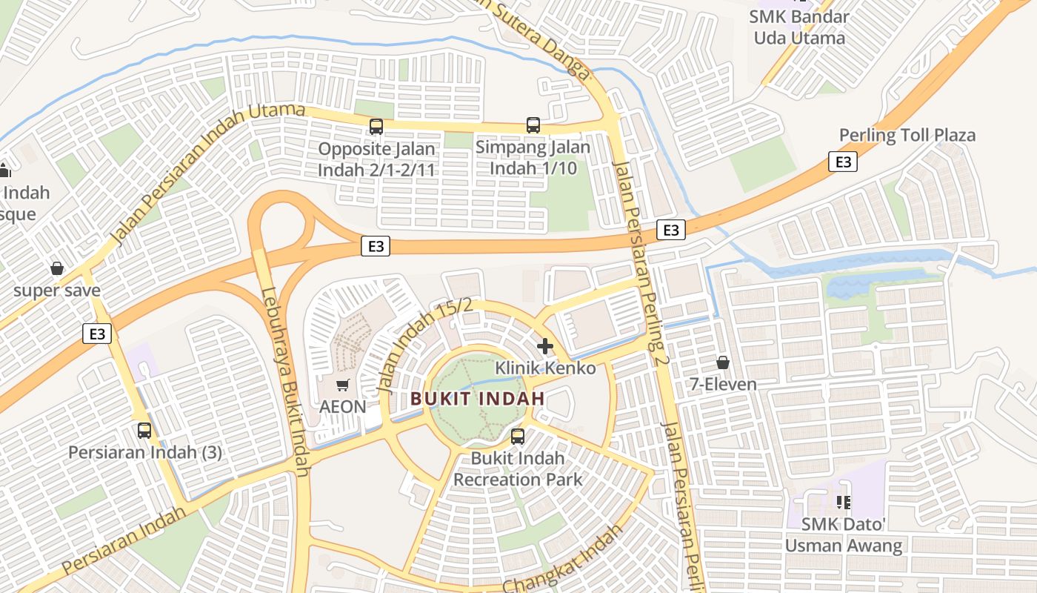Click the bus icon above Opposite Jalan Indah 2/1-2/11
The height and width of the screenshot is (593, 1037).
376,127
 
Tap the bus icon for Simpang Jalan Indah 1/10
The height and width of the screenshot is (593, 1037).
533,125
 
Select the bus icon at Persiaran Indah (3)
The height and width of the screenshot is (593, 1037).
144,430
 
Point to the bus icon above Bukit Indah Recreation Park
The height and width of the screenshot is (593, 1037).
518,437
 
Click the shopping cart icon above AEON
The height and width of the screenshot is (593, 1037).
342,385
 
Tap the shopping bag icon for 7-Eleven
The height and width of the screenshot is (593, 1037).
722,362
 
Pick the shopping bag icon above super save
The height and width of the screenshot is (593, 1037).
57,268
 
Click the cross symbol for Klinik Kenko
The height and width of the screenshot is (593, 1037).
545,345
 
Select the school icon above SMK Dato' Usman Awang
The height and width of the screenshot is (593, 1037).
842,503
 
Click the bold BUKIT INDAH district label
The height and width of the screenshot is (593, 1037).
478,398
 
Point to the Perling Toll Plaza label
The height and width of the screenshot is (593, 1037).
907,135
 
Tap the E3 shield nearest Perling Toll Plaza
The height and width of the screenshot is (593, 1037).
843,162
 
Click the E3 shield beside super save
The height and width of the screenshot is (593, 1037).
97,334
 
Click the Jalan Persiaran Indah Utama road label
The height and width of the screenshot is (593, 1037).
207,175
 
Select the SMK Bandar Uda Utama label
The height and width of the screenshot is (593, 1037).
799,27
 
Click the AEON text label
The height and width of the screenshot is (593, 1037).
342,406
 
